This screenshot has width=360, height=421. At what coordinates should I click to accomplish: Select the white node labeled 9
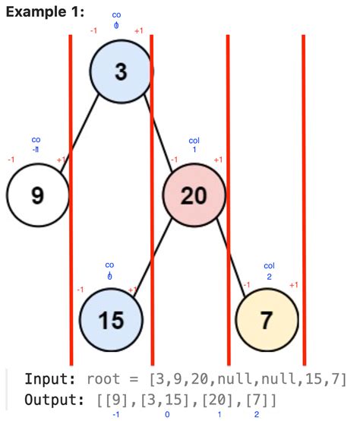pyautogui.click(x=37, y=195)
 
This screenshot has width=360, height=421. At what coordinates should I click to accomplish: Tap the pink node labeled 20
pyautogui.click(x=194, y=195)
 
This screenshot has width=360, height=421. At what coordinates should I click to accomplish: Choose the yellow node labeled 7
pyautogui.click(x=266, y=320)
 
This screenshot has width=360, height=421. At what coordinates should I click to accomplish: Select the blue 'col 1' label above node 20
pyautogui.click(x=194, y=145)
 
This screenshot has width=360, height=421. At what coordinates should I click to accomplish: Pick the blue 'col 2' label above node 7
pyautogui.click(x=269, y=271)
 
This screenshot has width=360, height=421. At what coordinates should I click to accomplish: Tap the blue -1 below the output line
pyautogui.click(x=115, y=415)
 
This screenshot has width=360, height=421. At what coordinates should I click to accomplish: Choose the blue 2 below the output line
pyautogui.click(x=256, y=415)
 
